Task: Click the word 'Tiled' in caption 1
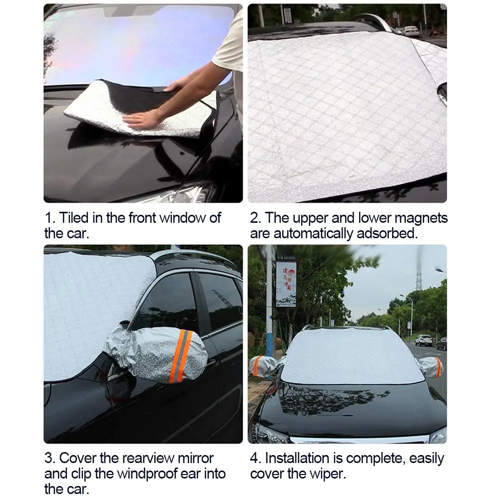pyautogui.click(x=74, y=218)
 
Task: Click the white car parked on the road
pyautogui.click(x=423, y=340)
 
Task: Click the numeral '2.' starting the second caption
pyautogui.click(x=256, y=218)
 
